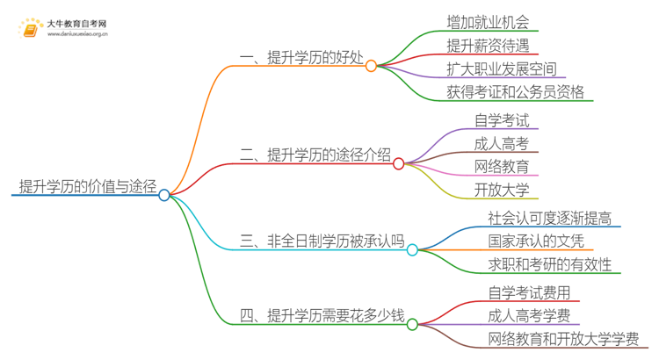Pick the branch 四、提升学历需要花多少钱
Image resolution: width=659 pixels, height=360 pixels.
[322, 315]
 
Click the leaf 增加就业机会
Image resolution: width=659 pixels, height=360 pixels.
[489, 19]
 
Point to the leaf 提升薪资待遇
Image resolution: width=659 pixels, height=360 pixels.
[489, 44]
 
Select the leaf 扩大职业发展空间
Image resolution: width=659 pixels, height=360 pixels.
[502, 68]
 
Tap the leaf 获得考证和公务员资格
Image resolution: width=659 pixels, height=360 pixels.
[515, 92]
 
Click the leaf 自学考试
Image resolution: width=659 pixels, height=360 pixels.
[502, 120]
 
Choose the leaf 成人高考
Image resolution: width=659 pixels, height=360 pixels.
[502, 143]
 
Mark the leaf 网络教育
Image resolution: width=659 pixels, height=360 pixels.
[502, 166]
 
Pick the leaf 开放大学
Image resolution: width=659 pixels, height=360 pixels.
[502, 189]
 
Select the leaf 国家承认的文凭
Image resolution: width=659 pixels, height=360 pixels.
[536, 241]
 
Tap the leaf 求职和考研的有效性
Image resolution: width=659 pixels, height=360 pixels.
[550, 264]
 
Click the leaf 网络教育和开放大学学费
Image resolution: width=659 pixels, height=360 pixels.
[563, 339]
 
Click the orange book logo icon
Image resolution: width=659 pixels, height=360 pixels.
[30, 30]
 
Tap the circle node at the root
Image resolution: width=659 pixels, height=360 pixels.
[164, 195]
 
